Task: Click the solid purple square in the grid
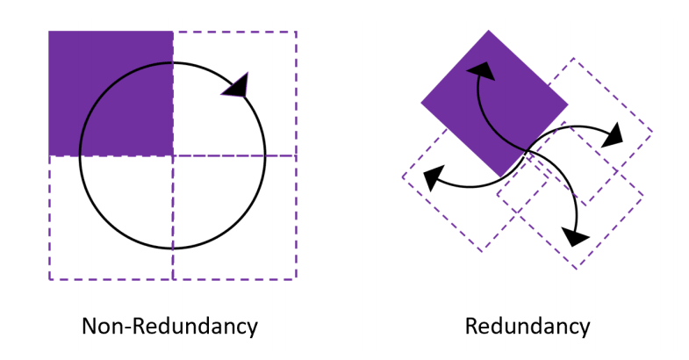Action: pyautogui.click(x=110, y=93)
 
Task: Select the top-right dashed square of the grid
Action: pyautogui.click(x=234, y=93)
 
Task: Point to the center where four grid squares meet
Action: pyautogui.click(x=172, y=155)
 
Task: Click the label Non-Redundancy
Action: pyautogui.click(x=169, y=327)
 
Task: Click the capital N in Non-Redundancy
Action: pyautogui.click(x=90, y=327)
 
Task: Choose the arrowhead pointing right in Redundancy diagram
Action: pyautogui.click(x=613, y=133)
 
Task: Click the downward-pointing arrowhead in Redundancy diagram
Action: pyautogui.click(x=575, y=235)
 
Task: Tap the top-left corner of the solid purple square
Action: pyautogui.click(x=49, y=32)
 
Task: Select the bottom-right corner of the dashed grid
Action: pyautogui.click(x=297, y=279)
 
